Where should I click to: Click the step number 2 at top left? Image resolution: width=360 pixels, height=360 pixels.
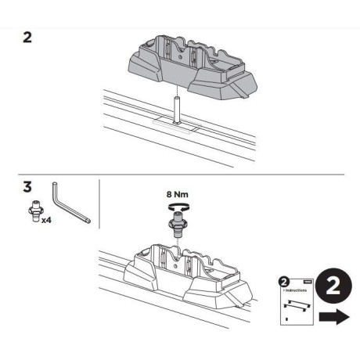point(27,38)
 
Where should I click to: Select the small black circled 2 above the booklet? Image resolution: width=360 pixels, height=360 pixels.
point(284,279)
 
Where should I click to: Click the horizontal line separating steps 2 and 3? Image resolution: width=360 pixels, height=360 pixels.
point(180,174)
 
